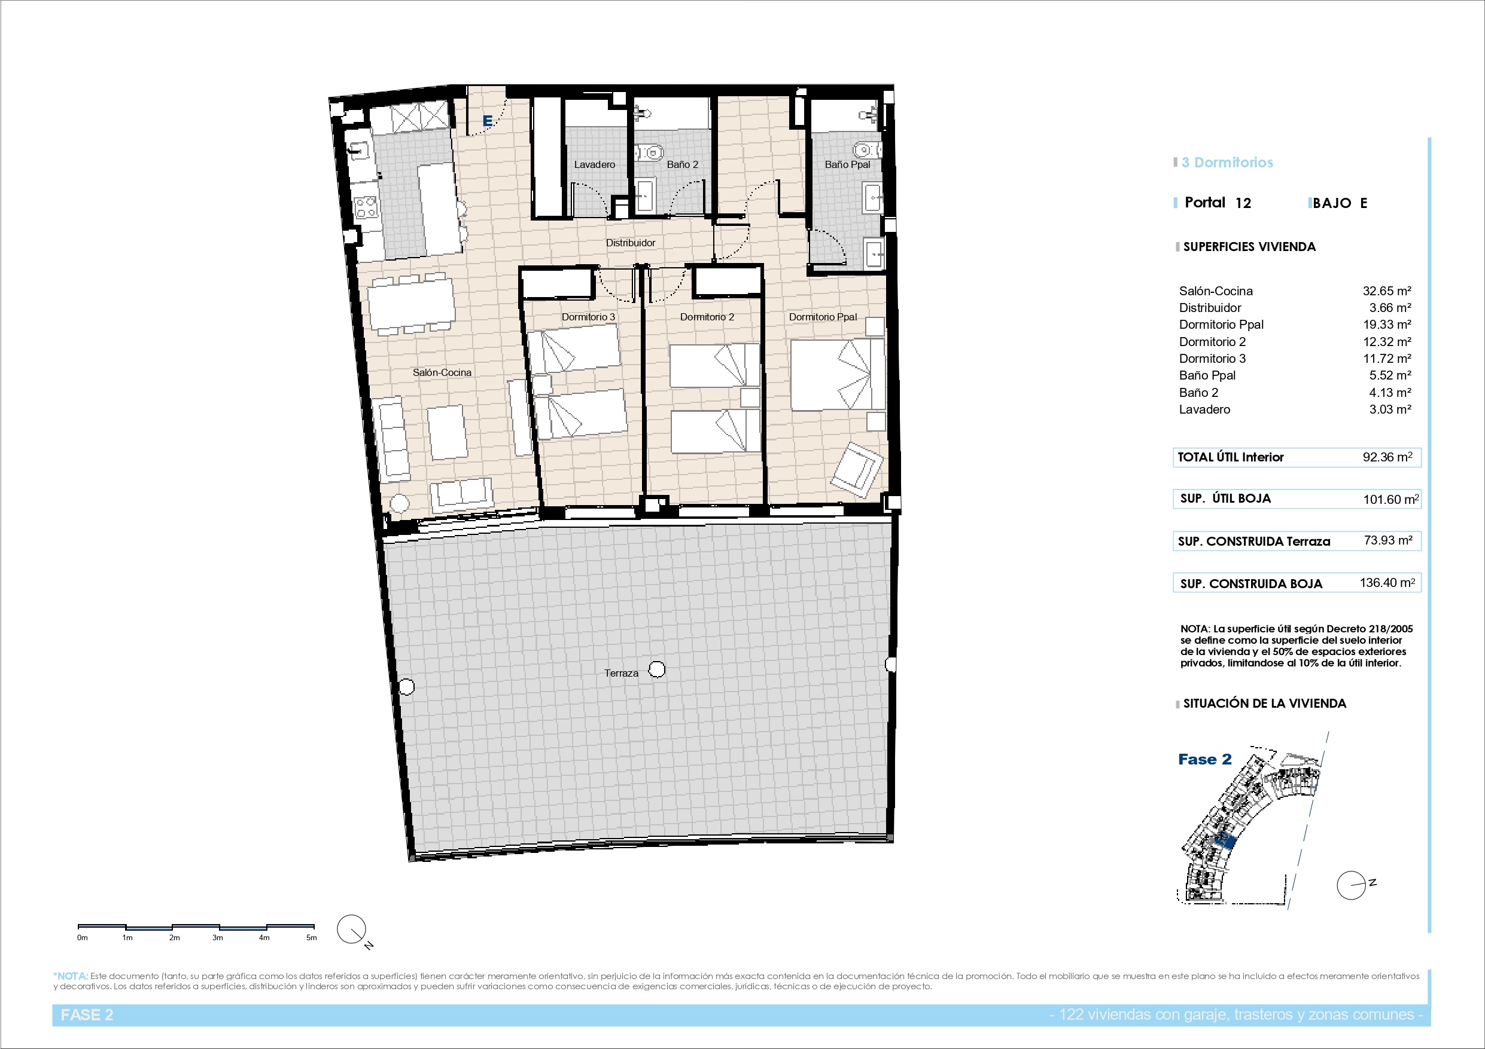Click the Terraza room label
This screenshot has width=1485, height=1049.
tap(621, 673)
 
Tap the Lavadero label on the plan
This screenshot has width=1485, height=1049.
tap(594, 165)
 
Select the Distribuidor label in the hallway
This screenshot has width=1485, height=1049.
tap(631, 243)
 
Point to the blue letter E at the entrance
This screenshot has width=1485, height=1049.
tap(488, 121)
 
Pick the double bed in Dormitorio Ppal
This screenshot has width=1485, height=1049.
tap(838, 374)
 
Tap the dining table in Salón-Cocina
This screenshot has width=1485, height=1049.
tap(410, 302)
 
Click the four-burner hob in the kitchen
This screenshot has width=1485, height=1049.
tap(366, 207)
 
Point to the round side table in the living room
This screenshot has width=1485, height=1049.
tap(398, 503)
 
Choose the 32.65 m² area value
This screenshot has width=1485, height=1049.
tap(1387, 291)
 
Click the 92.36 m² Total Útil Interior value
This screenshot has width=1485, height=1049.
tap(1387, 457)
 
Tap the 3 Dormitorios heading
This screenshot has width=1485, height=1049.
tap(1227, 163)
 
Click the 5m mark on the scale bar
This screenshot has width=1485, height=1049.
tap(312, 938)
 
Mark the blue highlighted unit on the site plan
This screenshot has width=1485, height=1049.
tap(1226, 840)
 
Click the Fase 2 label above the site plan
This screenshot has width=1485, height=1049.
tap(1205, 760)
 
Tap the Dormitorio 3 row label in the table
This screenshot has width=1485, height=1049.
tap(1212, 359)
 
